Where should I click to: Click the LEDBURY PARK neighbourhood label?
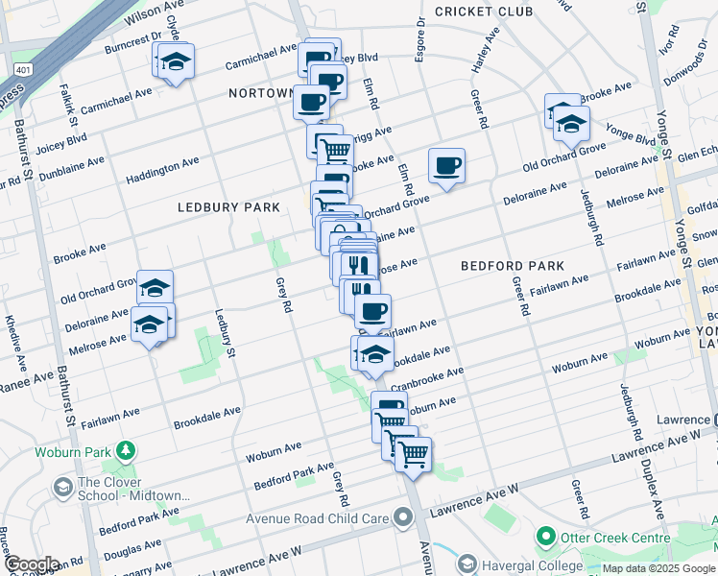point(227,207)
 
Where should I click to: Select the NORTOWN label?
point(260,93)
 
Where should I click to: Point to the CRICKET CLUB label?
point(483,12)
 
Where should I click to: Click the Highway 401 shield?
point(21,69)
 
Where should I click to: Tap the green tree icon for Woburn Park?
point(124,450)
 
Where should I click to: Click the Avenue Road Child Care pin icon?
point(401,518)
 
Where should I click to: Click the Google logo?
point(31,564)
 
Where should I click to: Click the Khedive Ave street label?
point(14,331)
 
